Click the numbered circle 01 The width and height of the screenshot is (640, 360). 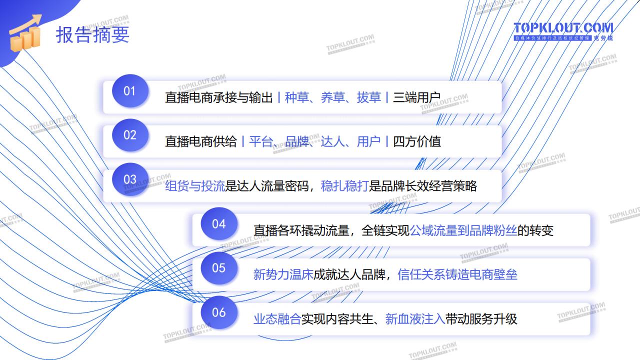click(130, 91)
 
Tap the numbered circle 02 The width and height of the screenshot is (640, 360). click(130, 135)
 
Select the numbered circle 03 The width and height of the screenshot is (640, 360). click(130, 179)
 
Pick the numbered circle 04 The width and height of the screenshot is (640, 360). click(219, 224)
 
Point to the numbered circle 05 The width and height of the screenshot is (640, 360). click(219, 268)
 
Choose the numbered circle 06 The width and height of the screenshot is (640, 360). click(219, 312)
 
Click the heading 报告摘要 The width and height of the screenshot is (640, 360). click(92, 34)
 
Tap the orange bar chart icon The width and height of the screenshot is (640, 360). click(25, 34)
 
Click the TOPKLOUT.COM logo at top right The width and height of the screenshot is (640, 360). click(563, 30)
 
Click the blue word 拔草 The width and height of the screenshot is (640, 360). click(368, 97)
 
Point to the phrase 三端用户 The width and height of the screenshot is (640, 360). click(416, 97)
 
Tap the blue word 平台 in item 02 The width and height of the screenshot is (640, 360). click(260, 142)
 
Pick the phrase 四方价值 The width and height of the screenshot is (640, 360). click(417, 142)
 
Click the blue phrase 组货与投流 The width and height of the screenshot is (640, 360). click(195, 186)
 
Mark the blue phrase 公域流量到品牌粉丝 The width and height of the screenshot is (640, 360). click(463, 230)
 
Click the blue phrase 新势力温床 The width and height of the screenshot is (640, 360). click(283, 274)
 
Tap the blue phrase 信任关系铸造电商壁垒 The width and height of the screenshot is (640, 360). click(457, 274)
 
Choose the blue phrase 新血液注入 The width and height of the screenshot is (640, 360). click(415, 319)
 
